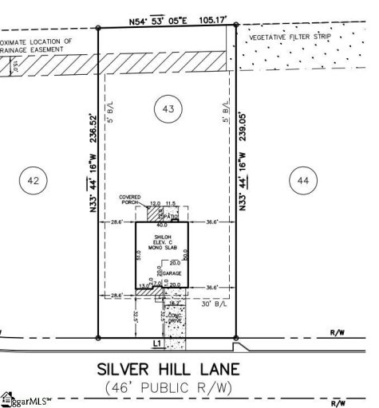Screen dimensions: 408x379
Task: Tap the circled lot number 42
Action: coord(33,182)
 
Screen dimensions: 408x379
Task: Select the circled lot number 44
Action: coord(302,182)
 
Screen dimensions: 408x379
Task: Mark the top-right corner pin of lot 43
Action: coord(236,27)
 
